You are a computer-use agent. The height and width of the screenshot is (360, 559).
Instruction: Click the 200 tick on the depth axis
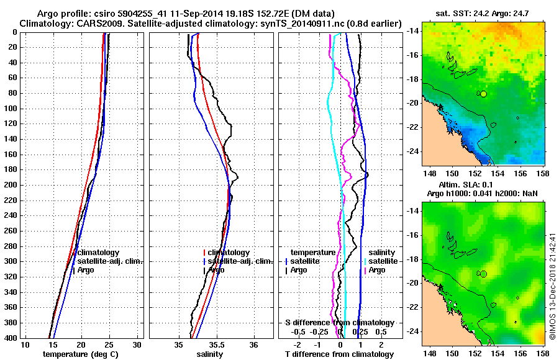tap(11, 185)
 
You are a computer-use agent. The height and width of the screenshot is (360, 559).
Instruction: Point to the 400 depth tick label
tap(11, 338)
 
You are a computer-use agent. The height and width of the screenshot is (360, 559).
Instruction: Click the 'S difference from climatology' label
tap(340, 323)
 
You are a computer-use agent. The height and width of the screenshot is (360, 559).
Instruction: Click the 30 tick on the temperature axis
tap(137, 345)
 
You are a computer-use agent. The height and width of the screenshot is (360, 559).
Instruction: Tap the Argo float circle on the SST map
tap(484, 94)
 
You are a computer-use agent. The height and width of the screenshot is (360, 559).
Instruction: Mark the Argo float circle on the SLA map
tap(484, 274)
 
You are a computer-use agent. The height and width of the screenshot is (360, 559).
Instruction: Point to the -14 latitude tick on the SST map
tap(413, 30)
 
